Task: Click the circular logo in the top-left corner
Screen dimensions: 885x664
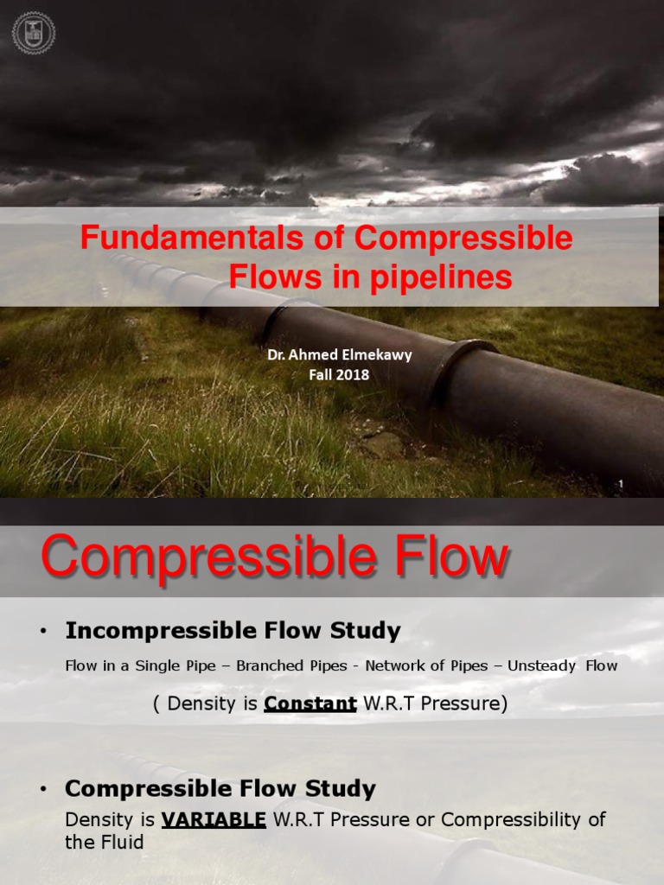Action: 34,33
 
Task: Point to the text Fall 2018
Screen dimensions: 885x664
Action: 338,375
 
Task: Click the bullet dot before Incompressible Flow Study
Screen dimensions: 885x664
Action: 41,633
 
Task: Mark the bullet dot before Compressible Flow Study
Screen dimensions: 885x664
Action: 41,790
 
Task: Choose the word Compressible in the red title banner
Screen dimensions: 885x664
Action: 463,239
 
